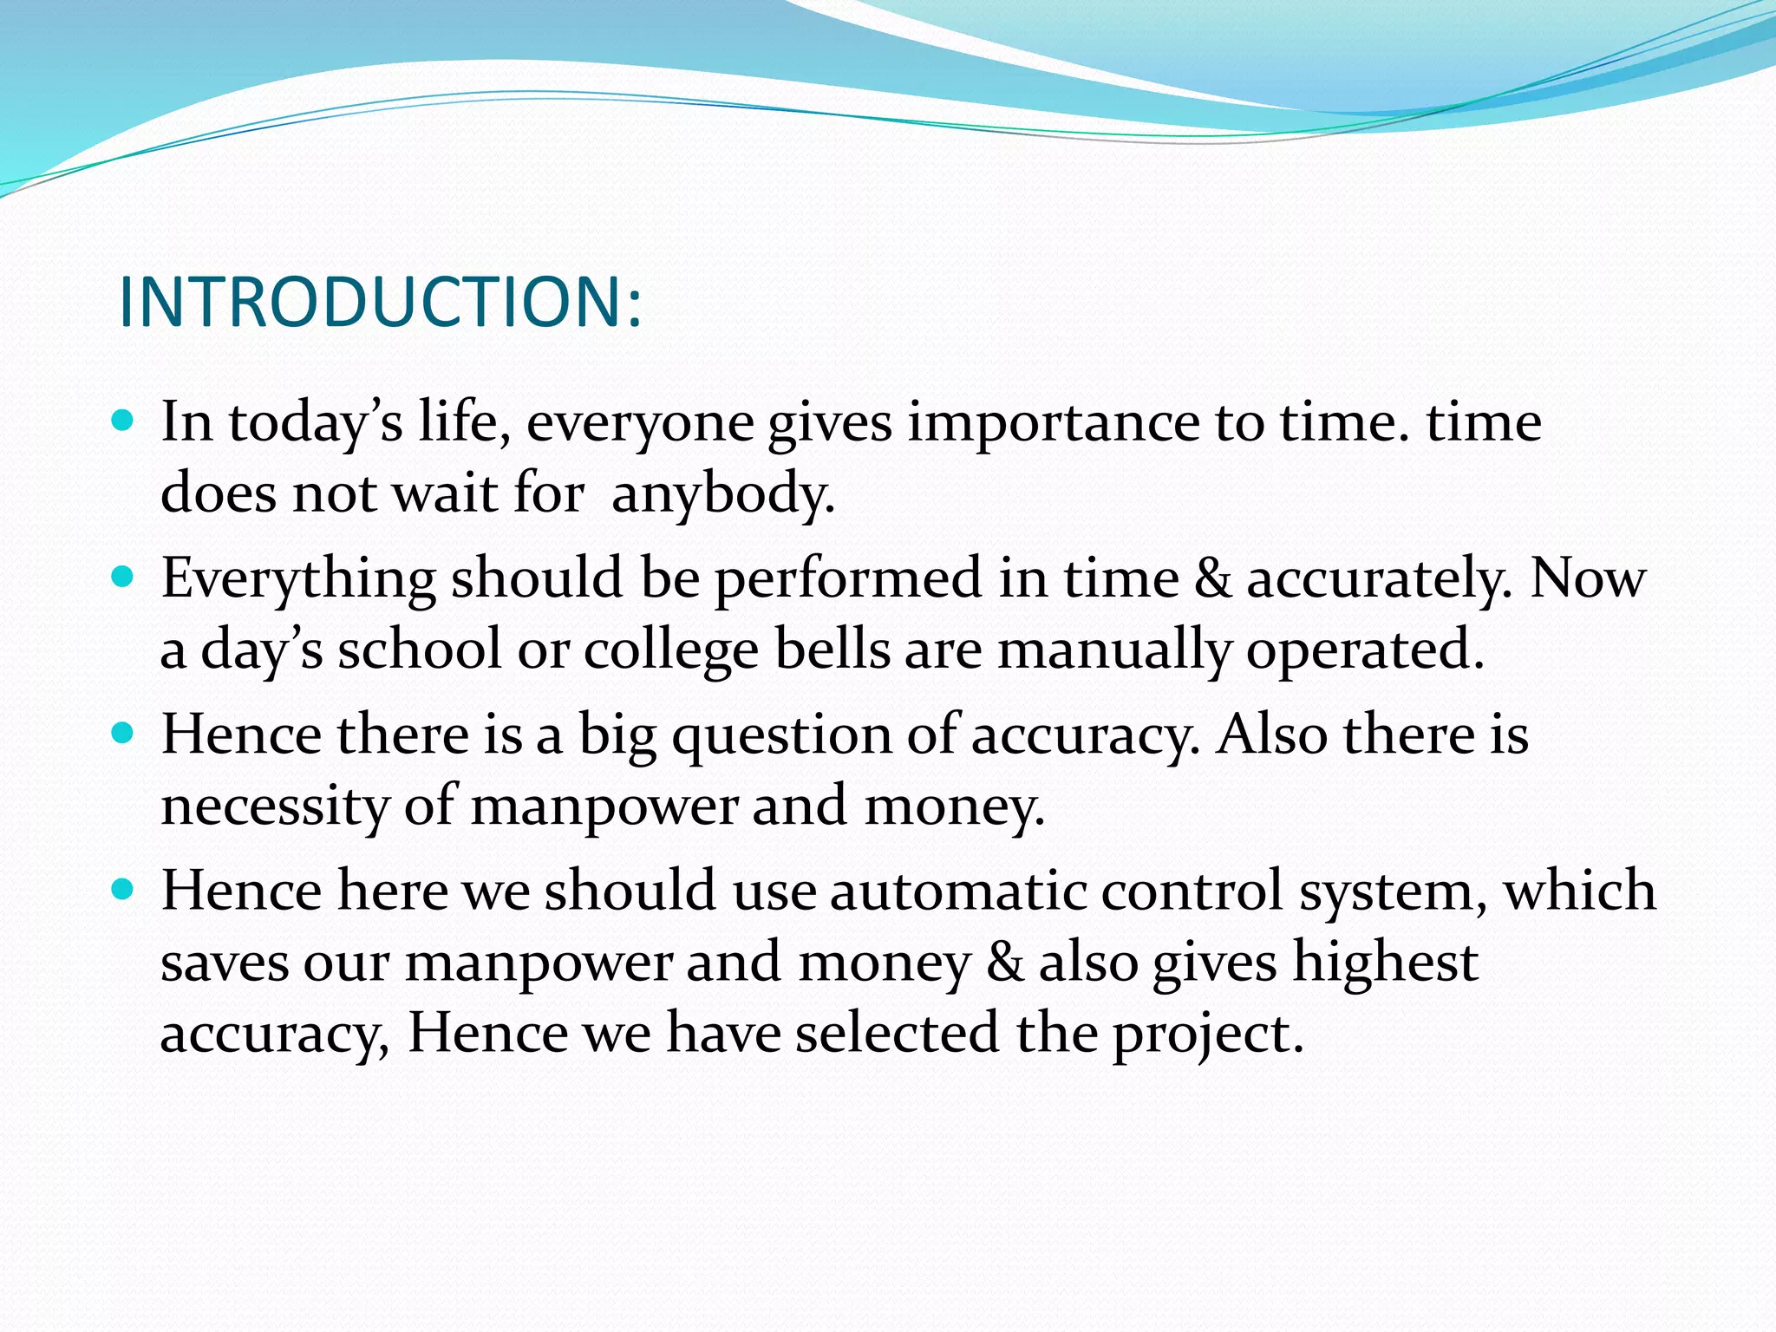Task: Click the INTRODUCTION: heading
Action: click(380, 303)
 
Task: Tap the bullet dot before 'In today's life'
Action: click(123, 421)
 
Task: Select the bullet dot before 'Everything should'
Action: click(123, 577)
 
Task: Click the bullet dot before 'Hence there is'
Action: click(123, 734)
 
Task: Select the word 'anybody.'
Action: click(722, 495)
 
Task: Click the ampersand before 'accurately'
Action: click(1212, 579)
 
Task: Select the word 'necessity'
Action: click(275, 806)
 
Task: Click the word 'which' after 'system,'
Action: click(1579, 891)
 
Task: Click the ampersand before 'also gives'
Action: click(1004, 963)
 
